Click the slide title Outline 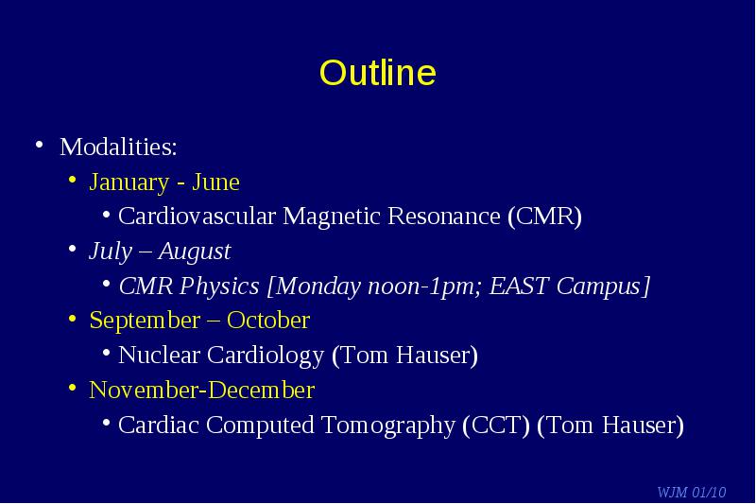377,73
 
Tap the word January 129,182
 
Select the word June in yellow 215,182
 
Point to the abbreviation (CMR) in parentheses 545,217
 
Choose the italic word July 111,252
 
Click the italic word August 195,252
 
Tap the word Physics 219,286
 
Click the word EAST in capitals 519,285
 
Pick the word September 145,321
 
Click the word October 268,321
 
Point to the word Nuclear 159,355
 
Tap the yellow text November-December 202,390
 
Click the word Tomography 388,426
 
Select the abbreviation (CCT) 496,426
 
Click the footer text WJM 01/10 692,492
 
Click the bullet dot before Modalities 40,145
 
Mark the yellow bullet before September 73,319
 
